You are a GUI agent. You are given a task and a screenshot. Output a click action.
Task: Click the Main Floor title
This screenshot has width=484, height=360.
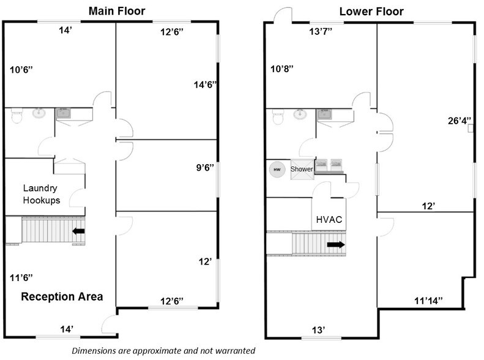tap(117, 11)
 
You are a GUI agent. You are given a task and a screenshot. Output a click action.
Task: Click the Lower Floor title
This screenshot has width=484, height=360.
tap(371, 12)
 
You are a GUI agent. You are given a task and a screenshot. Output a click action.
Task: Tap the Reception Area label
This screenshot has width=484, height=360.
tap(62, 296)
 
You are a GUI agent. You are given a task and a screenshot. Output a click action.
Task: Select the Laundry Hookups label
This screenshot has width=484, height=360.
tap(42, 194)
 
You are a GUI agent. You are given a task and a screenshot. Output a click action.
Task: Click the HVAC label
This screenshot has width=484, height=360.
tap(329, 220)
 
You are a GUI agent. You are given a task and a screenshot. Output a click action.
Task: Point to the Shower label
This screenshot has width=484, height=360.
tap(302, 169)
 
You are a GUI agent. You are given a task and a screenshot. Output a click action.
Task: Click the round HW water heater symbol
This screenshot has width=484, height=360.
tap(277, 170)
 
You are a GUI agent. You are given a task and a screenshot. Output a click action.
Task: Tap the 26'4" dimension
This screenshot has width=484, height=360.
tap(460, 121)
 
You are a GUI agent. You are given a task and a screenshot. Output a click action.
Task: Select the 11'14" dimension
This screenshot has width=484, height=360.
tap(428, 301)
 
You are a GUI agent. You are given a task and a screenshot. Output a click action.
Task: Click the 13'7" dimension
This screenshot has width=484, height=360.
tap(321, 31)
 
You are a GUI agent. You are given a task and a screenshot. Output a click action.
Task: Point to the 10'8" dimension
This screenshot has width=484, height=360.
tap(282, 69)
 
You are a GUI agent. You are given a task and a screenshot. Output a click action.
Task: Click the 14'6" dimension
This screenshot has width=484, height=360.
tap(205, 84)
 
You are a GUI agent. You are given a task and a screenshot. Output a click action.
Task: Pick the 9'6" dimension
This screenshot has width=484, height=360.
tap(205, 168)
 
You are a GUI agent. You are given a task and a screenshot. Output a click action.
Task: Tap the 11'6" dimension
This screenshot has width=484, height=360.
tap(21, 278)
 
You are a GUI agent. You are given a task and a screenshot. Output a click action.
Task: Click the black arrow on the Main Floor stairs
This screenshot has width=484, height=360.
tap(79, 231)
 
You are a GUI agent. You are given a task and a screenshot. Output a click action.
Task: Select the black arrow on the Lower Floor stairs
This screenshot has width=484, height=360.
tap(336, 244)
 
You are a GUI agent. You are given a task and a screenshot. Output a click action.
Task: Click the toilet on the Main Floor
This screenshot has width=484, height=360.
tap(17, 115)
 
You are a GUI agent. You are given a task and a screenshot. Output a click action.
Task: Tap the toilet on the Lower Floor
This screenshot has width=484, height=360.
tap(278, 117)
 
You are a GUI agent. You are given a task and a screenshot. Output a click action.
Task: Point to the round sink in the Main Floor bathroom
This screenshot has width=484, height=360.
tap(39, 113)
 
